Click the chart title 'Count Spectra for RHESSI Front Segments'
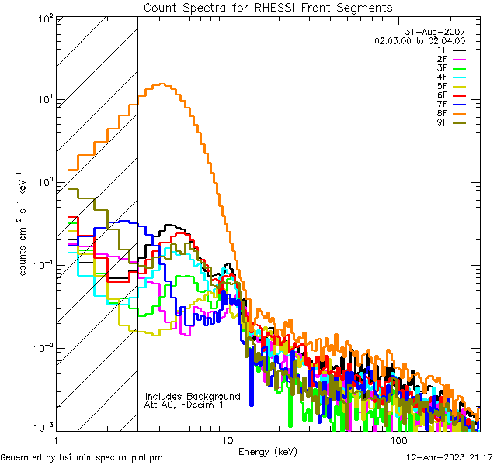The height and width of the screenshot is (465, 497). click(x=268, y=8)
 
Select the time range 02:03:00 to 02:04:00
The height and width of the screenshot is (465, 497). click(x=420, y=40)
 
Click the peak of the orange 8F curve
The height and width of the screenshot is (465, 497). click(x=162, y=84)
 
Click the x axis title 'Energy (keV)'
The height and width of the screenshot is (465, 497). click(x=267, y=451)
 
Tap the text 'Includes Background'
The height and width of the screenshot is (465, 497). click(x=193, y=396)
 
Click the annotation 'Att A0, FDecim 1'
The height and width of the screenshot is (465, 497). click(x=184, y=405)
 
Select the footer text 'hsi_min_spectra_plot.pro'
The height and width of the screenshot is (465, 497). click(x=113, y=458)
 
